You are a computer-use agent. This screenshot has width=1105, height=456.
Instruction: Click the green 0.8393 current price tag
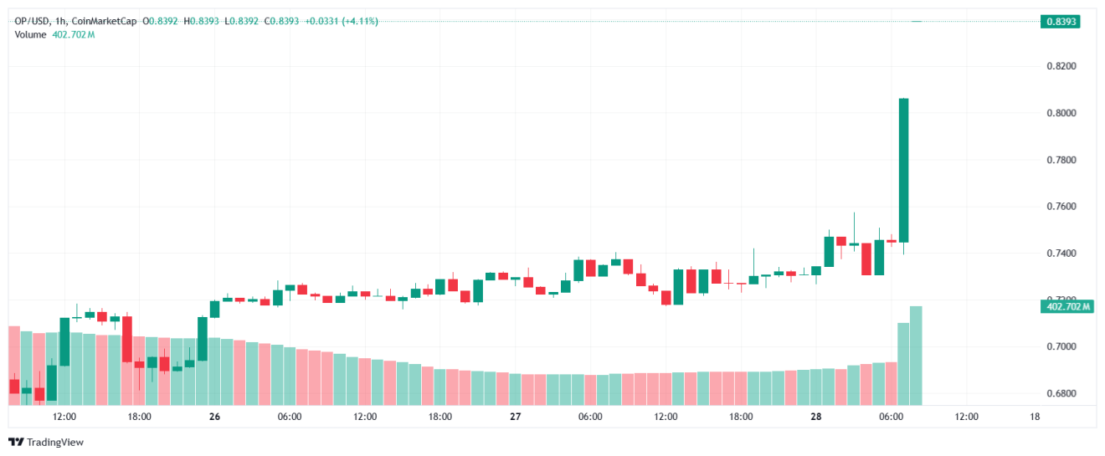[1059, 21]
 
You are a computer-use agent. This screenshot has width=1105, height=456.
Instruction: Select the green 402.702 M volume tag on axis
[1068, 307]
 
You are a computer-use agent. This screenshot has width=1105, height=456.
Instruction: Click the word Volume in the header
[31, 34]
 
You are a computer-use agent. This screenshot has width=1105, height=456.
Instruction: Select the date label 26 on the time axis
[214, 417]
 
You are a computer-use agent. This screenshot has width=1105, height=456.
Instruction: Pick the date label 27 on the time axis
[516, 417]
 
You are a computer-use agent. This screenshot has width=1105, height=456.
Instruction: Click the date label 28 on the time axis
[816, 417]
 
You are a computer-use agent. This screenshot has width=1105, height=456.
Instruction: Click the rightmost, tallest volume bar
[916, 355]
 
